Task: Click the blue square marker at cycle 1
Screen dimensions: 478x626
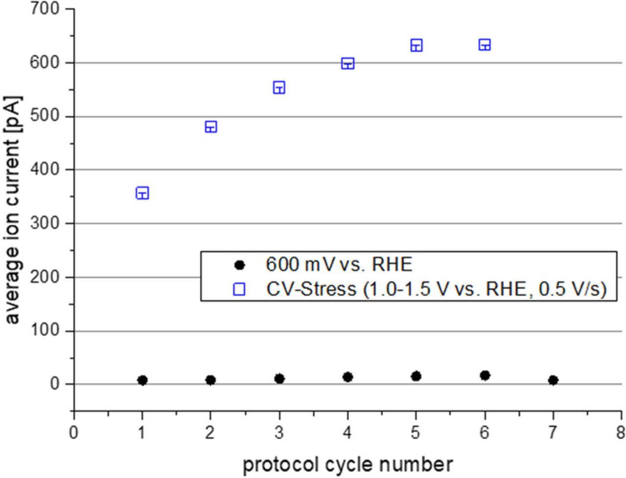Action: [x=142, y=193]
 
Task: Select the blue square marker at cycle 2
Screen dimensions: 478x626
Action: [x=211, y=127]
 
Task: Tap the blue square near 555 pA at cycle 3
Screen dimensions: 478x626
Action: [x=279, y=88]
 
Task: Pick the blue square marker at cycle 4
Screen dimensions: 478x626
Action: [x=348, y=64]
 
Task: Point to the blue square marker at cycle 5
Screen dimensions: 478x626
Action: [x=416, y=45]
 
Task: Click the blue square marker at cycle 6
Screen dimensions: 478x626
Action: [x=485, y=45]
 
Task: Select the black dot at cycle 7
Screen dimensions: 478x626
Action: [x=553, y=380]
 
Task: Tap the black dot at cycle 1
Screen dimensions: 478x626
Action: [x=142, y=380]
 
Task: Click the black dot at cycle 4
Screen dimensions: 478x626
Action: [x=348, y=377]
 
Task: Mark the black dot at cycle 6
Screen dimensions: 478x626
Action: [x=485, y=375]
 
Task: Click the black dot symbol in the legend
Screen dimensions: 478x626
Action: [x=239, y=265]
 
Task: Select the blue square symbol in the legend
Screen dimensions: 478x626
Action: [x=239, y=289]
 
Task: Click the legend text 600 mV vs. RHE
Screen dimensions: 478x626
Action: [x=339, y=264]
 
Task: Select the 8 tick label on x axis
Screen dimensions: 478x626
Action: [x=621, y=433]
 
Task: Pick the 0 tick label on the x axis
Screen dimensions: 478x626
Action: [x=73, y=433]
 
